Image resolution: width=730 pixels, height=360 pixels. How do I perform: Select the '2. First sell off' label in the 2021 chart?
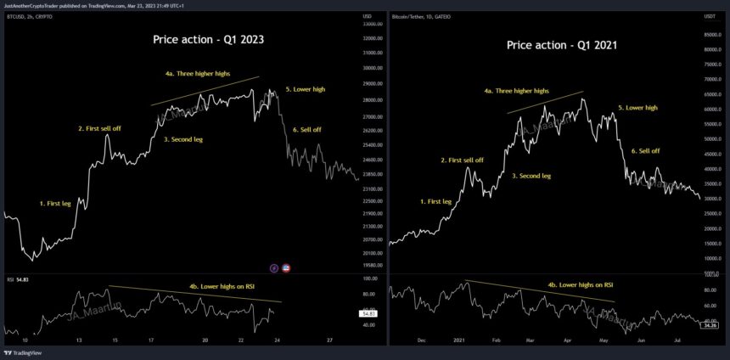pos(462,160)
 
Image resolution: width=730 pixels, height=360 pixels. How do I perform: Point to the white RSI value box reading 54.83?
pos(349,313)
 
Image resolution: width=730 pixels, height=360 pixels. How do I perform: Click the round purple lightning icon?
pos(274,267)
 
